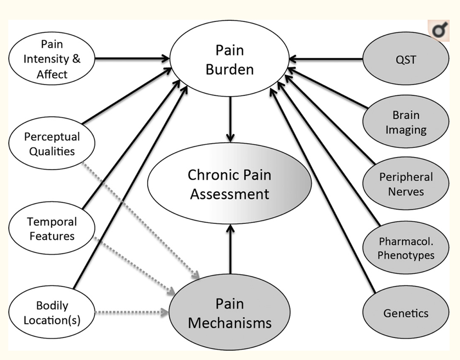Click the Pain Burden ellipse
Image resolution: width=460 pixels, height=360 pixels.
pyautogui.click(x=230, y=61)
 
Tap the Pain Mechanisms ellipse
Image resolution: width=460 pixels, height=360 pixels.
pyautogui.click(x=229, y=313)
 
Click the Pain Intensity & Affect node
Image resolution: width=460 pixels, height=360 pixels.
pyautogui.click(x=52, y=58)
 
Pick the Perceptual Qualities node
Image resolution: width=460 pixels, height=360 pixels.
pyautogui.click(x=52, y=143)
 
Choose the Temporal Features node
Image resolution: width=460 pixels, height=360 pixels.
pyautogui.click(x=52, y=229)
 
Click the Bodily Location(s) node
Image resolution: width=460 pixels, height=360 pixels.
pyautogui.click(x=52, y=312)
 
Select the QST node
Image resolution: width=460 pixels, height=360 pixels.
pyautogui.click(x=405, y=59)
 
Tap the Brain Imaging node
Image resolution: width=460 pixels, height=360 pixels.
pyautogui.click(x=405, y=122)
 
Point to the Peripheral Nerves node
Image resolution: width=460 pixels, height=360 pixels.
pyautogui.click(x=405, y=184)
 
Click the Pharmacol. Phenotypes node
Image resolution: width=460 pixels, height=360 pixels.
pyautogui.click(x=405, y=248)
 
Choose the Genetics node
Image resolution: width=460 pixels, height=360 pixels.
pyautogui.click(x=405, y=313)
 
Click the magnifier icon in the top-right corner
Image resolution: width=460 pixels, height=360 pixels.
pyautogui.click(x=439, y=31)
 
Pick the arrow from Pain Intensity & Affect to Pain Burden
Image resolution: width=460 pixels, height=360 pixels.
pyautogui.click(x=132, y=57)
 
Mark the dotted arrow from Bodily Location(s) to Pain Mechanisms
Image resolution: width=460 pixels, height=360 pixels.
pyautogui.click(x=132, y=313)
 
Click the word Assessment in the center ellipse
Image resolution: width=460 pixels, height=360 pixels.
pyautogui.click(x=229, y=194)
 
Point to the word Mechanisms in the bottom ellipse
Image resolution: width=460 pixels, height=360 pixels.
pyautogui.click(x=229, y=322)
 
